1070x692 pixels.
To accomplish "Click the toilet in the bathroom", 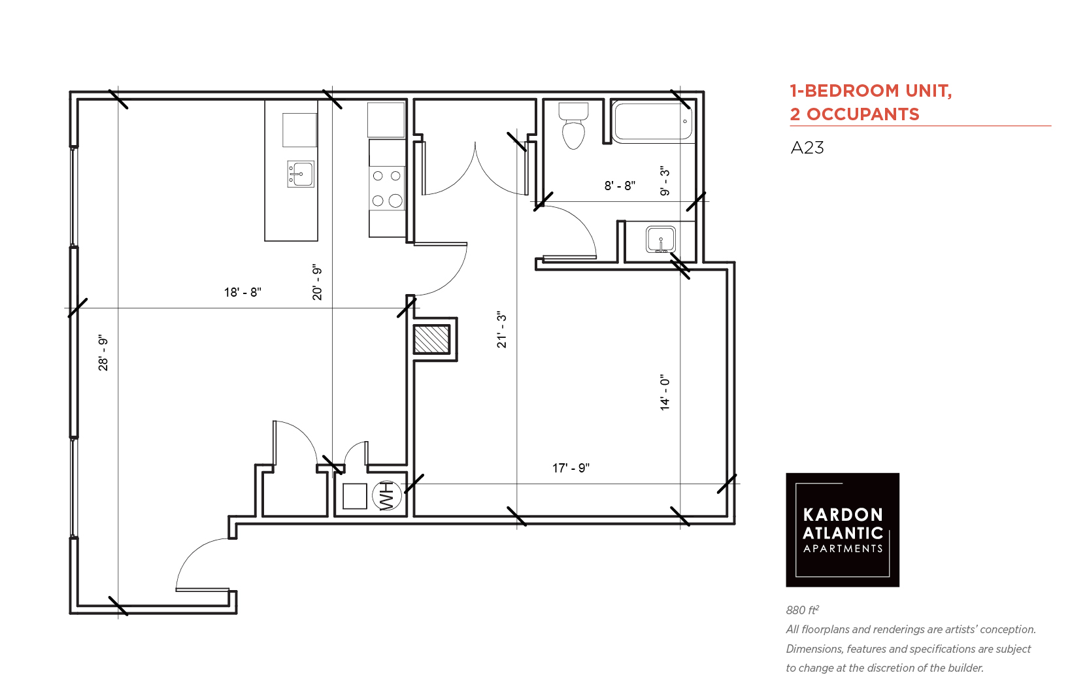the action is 573,125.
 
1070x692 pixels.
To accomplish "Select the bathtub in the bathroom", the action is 652,122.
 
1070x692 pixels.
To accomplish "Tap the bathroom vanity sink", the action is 661,239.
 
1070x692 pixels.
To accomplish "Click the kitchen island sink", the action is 301,174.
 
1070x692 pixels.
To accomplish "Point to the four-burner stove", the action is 387,188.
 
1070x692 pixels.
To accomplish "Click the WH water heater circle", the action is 387,495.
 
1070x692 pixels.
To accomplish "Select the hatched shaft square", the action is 431,340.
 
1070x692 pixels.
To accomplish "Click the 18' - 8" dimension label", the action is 242,292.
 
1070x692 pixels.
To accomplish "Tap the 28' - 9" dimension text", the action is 103,354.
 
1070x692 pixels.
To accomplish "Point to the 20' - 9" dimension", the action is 317,282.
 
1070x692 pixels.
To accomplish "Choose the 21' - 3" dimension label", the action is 501,329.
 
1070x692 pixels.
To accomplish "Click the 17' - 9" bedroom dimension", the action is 571,468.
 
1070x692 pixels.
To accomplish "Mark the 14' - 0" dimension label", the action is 665,393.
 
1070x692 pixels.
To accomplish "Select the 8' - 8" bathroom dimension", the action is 620,186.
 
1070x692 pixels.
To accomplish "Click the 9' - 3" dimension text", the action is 665,181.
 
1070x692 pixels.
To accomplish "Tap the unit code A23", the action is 807,148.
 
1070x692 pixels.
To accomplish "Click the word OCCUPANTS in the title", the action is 863,114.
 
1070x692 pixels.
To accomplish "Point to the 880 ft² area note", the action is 803,610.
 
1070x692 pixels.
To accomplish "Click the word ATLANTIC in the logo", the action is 843,533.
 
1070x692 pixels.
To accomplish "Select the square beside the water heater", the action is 354,496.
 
